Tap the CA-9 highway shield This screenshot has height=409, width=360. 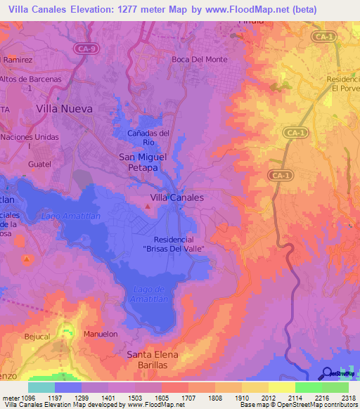click(x=85, y=48)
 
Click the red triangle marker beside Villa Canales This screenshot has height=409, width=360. click(x=147, y=207)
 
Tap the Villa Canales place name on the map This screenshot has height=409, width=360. click(x=177, y=197)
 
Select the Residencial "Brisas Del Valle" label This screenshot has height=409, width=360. click(x=173, y=245)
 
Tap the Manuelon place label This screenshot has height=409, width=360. click(x=101, y=335)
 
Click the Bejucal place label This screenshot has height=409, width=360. click(x=38, y=337)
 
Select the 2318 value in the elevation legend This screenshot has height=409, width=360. click(x=346, y=398)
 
